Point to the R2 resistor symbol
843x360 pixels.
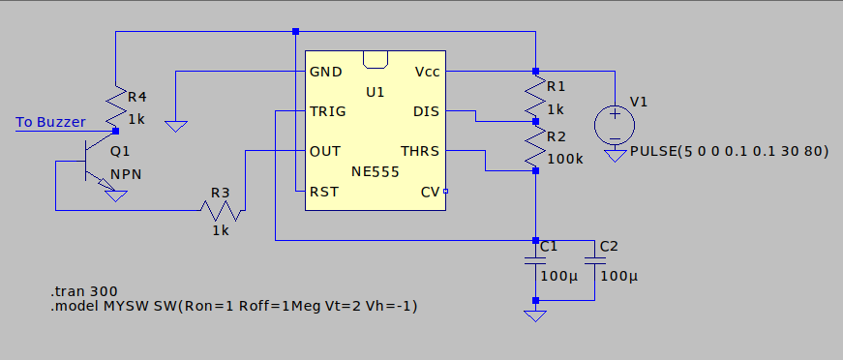click(535, 147)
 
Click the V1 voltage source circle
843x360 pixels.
click(613, 123)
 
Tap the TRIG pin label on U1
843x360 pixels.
click(328, 111)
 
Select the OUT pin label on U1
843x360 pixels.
click(324, 151)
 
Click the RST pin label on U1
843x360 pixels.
click(323, 192)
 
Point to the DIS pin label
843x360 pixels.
click(426, 111)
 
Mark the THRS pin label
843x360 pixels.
click(419, 151)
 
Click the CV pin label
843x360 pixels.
click(430, 192)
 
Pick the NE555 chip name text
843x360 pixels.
click(376, 170)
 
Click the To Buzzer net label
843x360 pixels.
click(50, 122)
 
